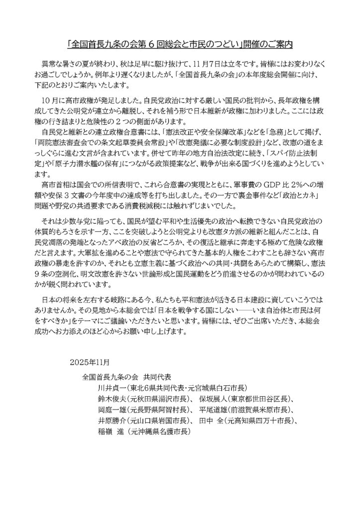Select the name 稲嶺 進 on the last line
tap(114, 433)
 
